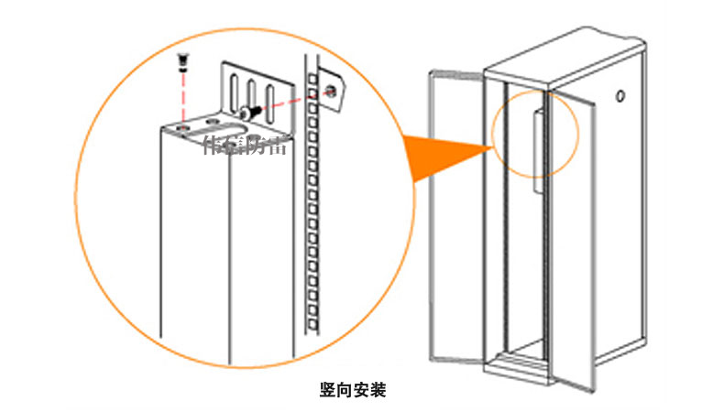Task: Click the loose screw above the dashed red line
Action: [x=183, y=61]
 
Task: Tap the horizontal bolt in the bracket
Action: [x=250, y=113]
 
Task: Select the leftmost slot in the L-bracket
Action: [x=233, y=91]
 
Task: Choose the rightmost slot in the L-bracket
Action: [x=270, y=95]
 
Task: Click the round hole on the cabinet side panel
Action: [x=621, y=94]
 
